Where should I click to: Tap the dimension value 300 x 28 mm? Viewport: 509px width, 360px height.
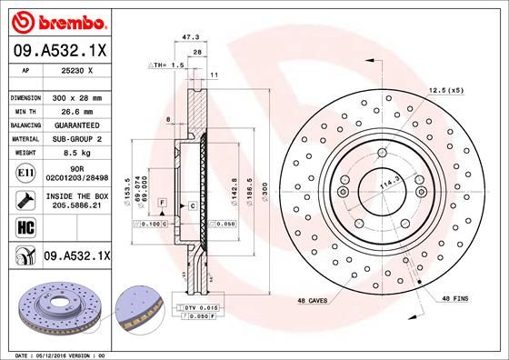[83, 96]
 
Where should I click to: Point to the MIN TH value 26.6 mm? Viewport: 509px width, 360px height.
[83, 110]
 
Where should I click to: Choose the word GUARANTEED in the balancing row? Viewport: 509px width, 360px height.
[84, 125]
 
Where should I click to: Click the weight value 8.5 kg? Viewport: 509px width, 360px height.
[83, 154]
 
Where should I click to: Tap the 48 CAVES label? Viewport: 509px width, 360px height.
[314, 300]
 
